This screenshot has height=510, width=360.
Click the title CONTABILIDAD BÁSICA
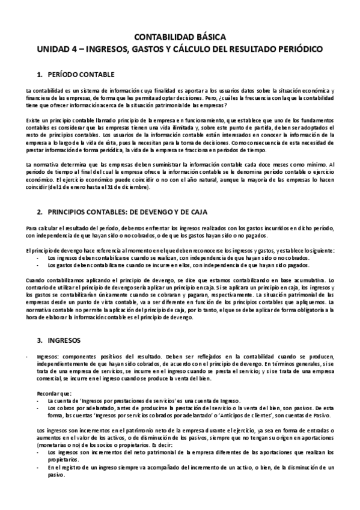tap(180, 36)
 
